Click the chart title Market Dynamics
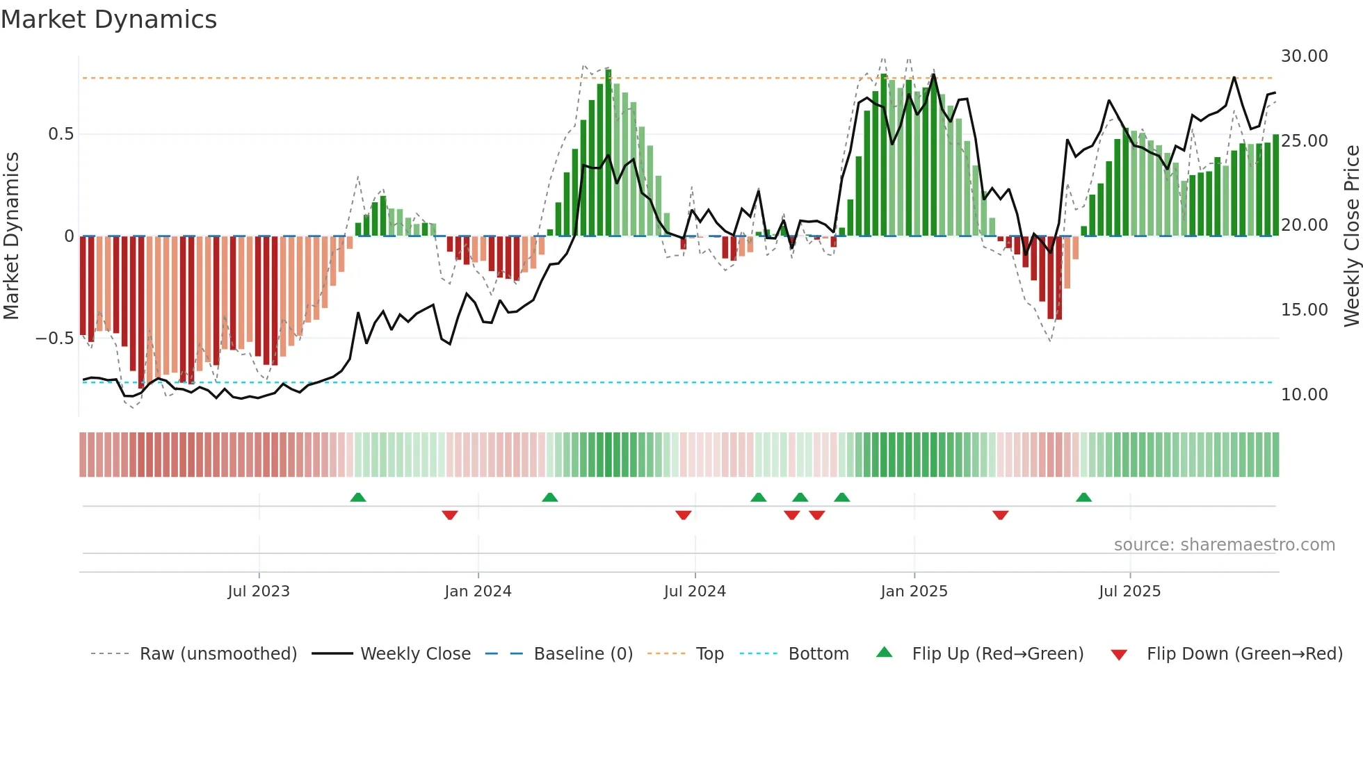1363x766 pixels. coord(108,19)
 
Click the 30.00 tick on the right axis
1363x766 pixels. coord(1304,56)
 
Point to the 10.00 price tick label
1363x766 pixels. coord(1304,395)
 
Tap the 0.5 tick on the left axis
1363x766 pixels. coord(61,134)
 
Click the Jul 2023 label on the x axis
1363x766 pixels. coord(258,592)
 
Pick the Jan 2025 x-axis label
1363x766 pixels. coord(914,592)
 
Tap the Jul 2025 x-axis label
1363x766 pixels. coord(1129,592)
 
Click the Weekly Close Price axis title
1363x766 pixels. coord(1351,236)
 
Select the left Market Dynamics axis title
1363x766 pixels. coord(11,236)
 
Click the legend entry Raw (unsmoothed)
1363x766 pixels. coord(218,654)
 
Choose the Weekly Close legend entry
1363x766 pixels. coord(415,654)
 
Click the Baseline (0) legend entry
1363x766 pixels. coord(583,654)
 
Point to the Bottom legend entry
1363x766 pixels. coord(818,654)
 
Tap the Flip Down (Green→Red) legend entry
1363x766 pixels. coord(1244,654)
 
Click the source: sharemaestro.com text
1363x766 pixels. coord(1224,545)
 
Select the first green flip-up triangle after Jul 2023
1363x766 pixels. coord(357,497)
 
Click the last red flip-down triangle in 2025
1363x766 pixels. coord(1000,515)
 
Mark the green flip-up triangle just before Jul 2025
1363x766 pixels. coord(1083,497)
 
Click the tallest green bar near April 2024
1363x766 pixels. coord(608,153)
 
